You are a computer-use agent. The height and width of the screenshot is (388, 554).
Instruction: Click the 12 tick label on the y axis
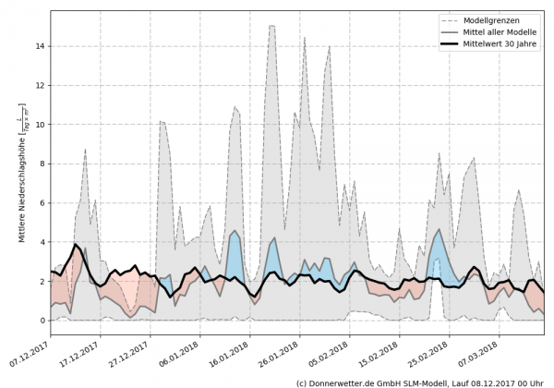click(40, 85)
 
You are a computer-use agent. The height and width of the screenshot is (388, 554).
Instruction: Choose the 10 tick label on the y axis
click(40, 124)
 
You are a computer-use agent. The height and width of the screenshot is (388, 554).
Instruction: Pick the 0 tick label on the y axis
click(42, 321)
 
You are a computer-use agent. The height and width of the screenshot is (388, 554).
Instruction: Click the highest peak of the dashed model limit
click(272, 26)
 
